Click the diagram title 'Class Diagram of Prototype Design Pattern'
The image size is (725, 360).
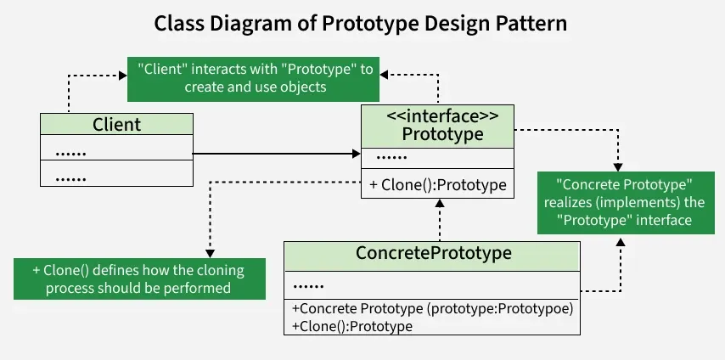pos(361,24)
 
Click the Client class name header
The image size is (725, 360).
pos(116,125)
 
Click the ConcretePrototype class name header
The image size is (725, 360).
pos(432,254)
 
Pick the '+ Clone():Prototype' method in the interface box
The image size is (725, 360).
pos(438,184)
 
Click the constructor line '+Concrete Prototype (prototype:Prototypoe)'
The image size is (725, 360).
pos(432,309)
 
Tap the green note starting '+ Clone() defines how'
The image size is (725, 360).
pos(138,278)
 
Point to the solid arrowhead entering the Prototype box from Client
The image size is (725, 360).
pos(356,154)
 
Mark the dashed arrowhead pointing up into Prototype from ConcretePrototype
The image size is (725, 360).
pos(438,203)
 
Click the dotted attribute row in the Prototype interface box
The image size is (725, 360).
pos(391,157)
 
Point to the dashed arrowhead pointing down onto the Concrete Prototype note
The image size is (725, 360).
pos(618,167)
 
